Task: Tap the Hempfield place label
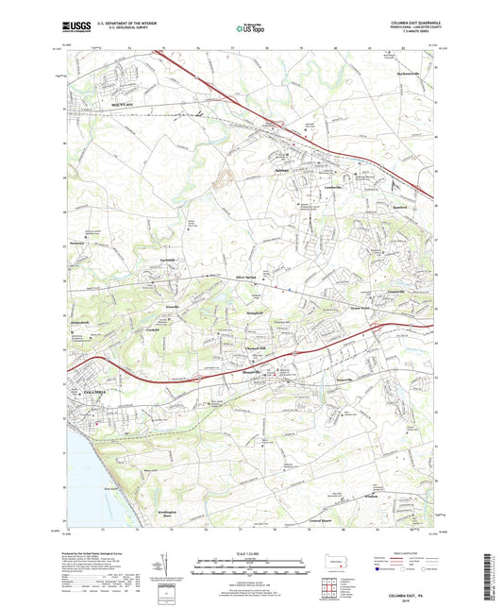pos(243,309)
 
